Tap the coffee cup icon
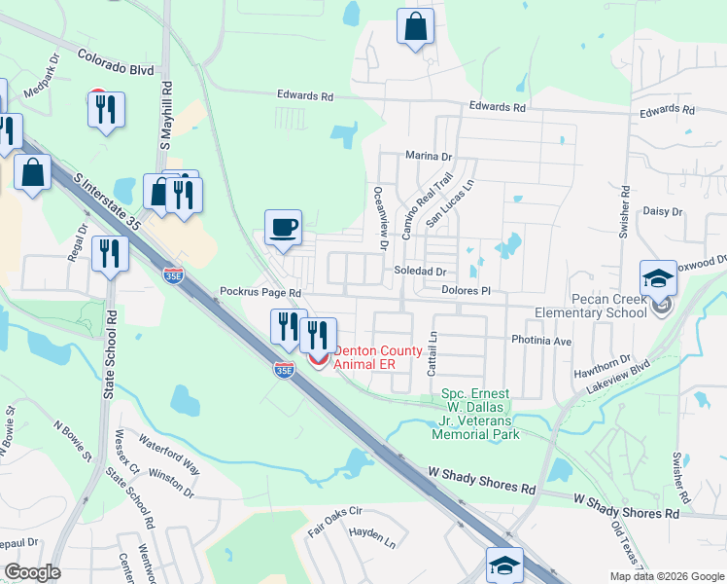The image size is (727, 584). (284, 229)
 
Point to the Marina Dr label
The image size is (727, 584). (430, 156)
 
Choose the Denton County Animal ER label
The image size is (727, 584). (379, 357)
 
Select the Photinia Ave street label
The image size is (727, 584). (542, 342)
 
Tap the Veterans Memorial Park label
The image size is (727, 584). (476, 413)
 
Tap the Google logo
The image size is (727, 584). (32, 571)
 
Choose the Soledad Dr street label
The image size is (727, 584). (419, 272)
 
